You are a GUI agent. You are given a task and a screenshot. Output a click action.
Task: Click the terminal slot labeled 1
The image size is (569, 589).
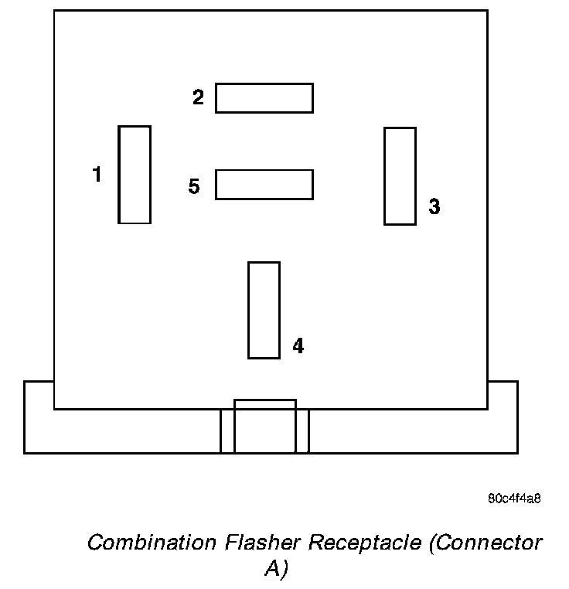pos(135,175)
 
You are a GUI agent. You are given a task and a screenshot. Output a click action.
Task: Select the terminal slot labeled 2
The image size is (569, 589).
pos(264,98)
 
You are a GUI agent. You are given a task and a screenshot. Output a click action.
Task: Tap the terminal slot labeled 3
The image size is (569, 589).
pos(400,176)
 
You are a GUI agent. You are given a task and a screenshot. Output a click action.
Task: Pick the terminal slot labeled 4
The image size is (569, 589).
pos(264,310)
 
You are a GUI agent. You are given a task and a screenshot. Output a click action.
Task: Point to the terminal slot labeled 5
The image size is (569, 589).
pos(264,184)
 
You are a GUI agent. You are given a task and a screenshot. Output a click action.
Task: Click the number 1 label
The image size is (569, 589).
pos(97,175)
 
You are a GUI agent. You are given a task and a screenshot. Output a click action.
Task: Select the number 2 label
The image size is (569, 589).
pos(199,97)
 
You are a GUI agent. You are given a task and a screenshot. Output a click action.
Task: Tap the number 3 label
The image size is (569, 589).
pos(434,206)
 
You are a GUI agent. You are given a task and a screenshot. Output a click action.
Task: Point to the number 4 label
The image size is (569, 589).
pos(298,346)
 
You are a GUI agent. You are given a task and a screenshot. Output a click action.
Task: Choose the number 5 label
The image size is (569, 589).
pos(194,186)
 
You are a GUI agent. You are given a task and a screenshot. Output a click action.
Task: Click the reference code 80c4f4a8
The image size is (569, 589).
pos(514,498)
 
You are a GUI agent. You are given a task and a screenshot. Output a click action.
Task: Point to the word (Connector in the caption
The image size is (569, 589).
pos(486,543)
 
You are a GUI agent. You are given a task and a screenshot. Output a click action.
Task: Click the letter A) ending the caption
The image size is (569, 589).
pos(276,569)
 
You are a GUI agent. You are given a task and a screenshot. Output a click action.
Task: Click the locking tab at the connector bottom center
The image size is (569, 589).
pos(264,427)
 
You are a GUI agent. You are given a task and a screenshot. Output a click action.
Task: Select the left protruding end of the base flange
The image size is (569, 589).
pos(39,417)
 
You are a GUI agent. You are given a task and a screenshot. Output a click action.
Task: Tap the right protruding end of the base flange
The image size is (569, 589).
pos(503,417)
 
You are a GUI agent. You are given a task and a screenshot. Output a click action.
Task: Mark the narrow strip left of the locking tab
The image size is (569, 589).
pos(227,431)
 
